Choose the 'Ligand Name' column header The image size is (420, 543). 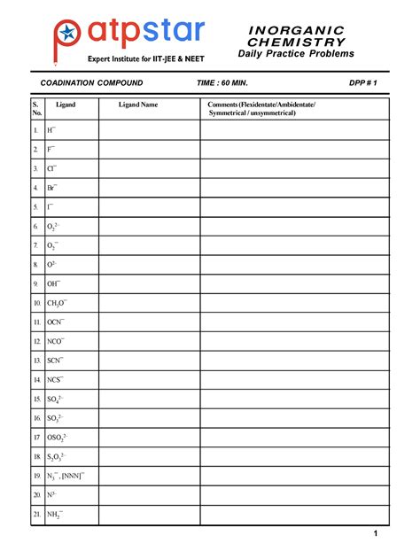138,105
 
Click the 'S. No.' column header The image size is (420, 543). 36,109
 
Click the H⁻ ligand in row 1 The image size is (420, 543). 52,130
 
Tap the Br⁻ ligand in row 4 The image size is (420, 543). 53,188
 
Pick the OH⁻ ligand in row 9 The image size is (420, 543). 55,283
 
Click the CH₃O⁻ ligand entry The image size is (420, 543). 58,303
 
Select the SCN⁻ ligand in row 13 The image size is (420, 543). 57,361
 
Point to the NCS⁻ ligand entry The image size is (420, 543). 56,379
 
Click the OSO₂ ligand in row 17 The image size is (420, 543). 58,438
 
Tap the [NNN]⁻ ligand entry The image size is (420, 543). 74,476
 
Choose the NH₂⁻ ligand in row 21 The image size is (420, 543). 55,514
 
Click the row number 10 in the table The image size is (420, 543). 36,303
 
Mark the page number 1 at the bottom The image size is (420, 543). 376,533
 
